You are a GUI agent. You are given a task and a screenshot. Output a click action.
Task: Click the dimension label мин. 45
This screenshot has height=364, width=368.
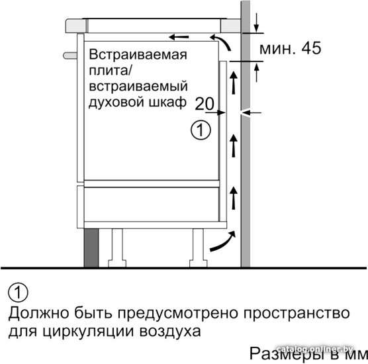coord(290,48)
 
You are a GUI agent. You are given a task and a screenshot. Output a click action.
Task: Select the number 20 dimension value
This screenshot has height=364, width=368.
coord(205,103)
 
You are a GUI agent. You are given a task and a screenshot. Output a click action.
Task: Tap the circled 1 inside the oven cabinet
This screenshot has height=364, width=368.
coord(201,130)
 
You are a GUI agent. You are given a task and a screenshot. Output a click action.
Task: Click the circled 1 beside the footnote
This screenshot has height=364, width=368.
coord(18,293)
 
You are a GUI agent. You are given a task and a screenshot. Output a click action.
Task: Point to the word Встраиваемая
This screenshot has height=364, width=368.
coord(138,54)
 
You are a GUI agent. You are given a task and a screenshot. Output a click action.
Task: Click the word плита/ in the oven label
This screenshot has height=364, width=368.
coord(109,71)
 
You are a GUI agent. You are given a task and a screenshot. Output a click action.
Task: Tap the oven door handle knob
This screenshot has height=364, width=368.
coord(70,56)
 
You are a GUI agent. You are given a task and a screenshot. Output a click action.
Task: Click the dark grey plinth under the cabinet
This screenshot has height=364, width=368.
coord(91,248)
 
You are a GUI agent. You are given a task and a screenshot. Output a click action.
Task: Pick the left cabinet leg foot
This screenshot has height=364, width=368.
coord(117,263)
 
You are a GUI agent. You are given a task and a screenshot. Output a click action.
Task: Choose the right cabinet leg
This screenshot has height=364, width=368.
coord(199,248)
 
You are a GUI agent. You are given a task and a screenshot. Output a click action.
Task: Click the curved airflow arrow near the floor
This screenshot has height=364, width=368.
coord(223,242)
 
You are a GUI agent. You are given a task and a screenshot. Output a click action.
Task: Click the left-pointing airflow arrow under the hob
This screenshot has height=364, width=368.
coord(179,37)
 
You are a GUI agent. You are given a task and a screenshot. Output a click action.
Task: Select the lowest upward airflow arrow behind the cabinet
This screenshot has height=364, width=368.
coord(233,198)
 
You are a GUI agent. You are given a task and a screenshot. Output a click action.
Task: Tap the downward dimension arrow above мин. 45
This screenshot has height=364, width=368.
coord(257,23)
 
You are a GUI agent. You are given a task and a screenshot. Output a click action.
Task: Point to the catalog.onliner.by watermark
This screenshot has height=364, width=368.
coord(315,349)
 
